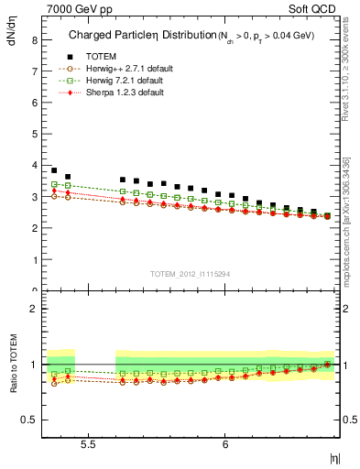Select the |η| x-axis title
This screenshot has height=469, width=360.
(335, 457)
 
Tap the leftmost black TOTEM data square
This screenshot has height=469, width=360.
(54, 170)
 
